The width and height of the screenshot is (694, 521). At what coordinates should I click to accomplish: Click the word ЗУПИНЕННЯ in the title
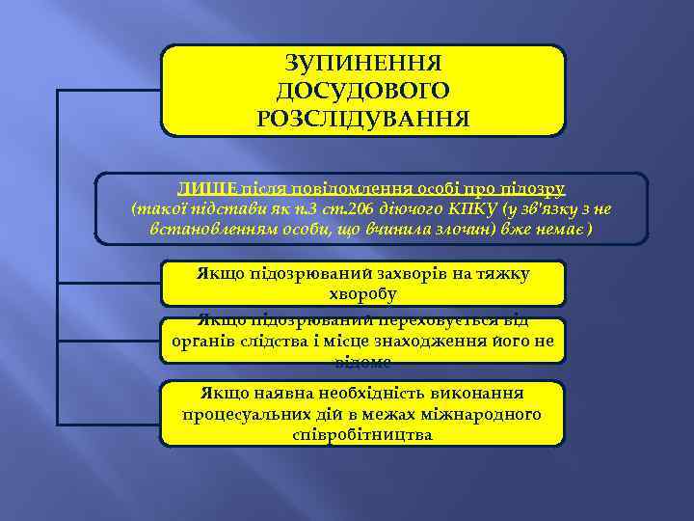click(362, 64)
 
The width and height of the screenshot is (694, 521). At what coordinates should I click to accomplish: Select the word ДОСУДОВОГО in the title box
click(362, 91)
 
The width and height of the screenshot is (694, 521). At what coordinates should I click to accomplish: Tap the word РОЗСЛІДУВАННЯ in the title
click(362, 119)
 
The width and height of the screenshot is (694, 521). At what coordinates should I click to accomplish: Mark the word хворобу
click(362, 293)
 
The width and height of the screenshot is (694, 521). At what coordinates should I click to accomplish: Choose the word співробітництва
click(362, 434)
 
